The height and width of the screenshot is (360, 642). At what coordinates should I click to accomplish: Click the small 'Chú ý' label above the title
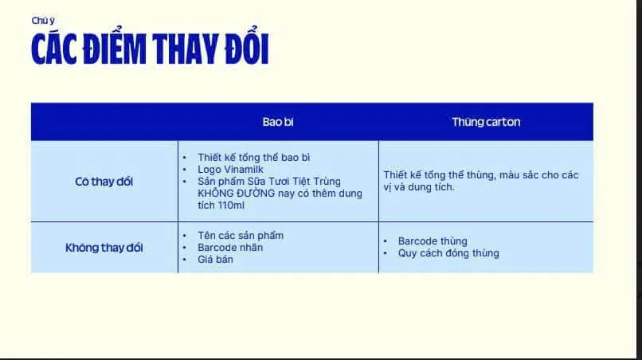[43, 21]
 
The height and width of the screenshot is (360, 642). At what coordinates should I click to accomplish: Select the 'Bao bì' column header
[278, 122]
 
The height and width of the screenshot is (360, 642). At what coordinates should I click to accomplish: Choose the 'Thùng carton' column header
[486, 122]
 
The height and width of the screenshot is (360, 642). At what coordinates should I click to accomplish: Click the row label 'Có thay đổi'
[104, 182]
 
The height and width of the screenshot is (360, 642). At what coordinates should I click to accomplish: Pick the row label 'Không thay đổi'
[104, 248]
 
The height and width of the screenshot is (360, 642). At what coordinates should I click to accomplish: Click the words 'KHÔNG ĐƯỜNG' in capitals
[232, 194]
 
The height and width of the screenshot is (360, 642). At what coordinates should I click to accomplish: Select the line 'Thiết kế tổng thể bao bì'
[254, 157]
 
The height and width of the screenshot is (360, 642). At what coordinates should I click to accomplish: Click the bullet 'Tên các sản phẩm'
[241, 236]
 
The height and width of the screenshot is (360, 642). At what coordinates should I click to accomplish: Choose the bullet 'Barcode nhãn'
[230, 247]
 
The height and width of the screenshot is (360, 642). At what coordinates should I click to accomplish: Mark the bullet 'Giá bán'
[216, 259]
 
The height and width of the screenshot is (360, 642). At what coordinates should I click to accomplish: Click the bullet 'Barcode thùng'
[433, 241]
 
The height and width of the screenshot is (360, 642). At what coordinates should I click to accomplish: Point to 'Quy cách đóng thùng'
[448, 253]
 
